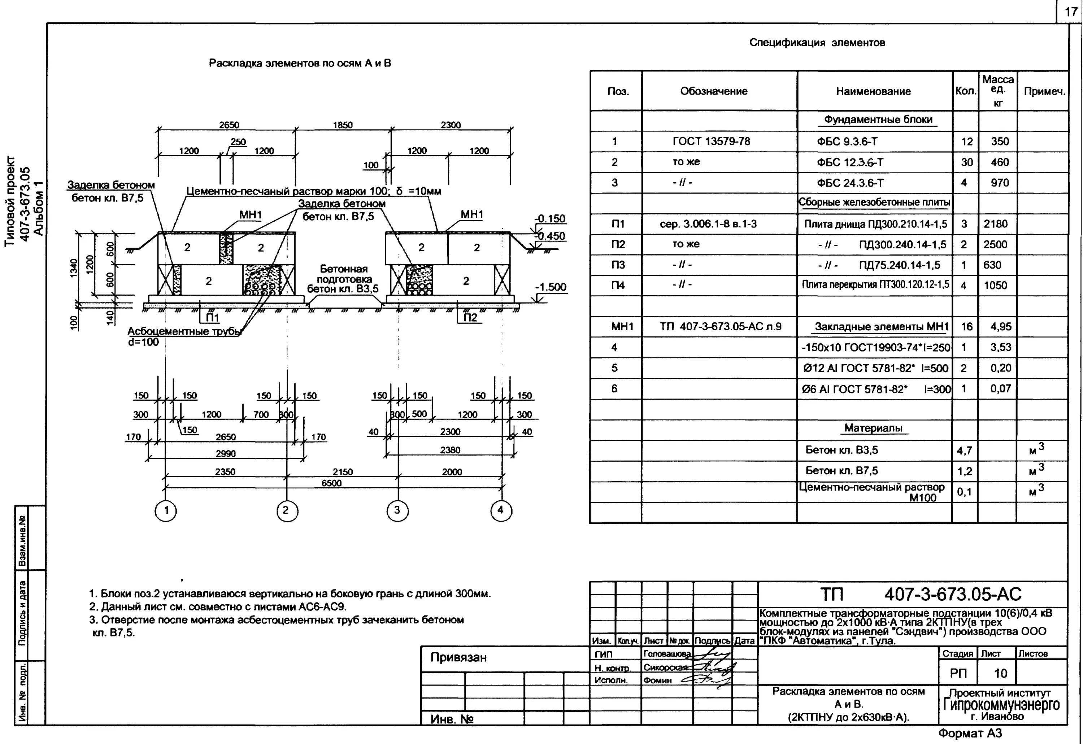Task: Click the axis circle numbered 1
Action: point(166,510)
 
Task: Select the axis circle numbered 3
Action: point(397,510)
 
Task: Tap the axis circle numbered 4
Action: point(501,510)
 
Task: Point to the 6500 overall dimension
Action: point(331,483)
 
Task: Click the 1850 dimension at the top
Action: point(343,125)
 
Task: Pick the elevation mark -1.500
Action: point(551,287)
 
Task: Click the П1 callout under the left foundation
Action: point(212,317)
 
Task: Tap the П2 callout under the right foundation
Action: point(470,317)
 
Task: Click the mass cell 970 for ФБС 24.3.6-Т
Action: point(1000,183)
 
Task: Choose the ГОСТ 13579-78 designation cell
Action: point(712,141)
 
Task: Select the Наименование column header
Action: point(873,91)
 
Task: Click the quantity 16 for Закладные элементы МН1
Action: point(966,327)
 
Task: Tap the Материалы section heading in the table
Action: point(873,428)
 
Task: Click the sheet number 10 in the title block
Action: point(1000,673)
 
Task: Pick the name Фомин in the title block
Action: point(657,680)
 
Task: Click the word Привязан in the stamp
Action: point(458,658)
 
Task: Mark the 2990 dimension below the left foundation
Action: point(226,453)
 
